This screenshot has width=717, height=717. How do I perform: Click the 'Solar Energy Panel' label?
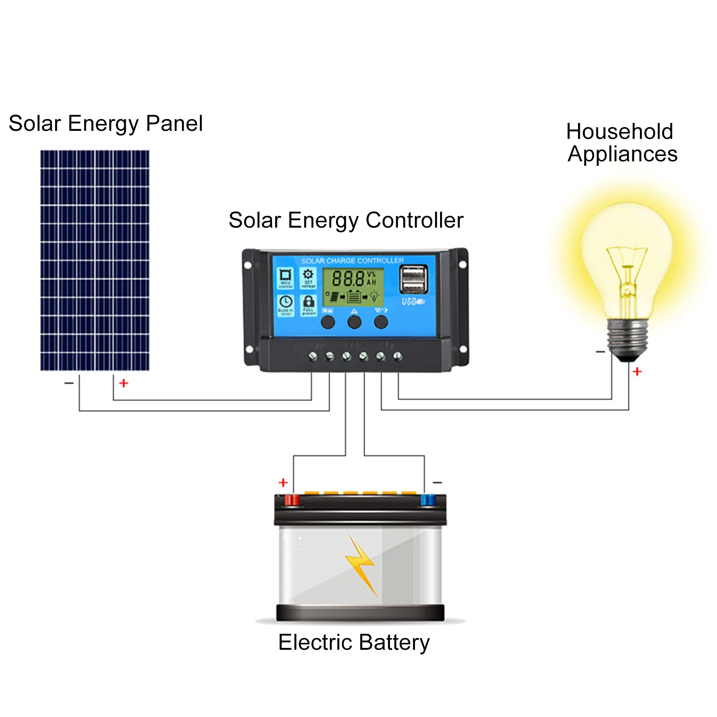tap(105, 124)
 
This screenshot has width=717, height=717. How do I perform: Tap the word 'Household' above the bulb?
tap(619, 132)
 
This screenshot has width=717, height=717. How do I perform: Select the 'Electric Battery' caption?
tap(354, 642)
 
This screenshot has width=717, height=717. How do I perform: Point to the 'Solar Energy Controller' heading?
tap(346, 220)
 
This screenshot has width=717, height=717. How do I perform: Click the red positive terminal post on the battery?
tap(292, 500)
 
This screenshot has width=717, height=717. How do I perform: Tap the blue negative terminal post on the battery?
tap(428, 500)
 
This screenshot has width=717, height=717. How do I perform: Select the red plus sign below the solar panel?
tap(124, 383)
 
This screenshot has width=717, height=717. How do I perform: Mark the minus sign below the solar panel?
tap(69, 383)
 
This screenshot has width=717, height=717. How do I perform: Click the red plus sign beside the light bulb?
tap(637, 371)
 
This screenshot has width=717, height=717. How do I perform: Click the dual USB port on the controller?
tap(413, 279)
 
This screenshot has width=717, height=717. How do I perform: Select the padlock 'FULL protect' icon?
tap(308, 305)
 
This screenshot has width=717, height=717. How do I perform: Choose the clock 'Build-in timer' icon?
tap(285, 305)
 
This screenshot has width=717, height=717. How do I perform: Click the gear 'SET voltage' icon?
tap(308, 278)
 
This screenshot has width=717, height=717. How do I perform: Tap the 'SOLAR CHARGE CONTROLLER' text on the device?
tap(352, 261)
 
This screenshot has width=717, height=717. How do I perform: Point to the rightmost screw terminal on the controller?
tap(397, 357)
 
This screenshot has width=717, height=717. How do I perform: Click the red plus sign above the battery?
tap(283, 483)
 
